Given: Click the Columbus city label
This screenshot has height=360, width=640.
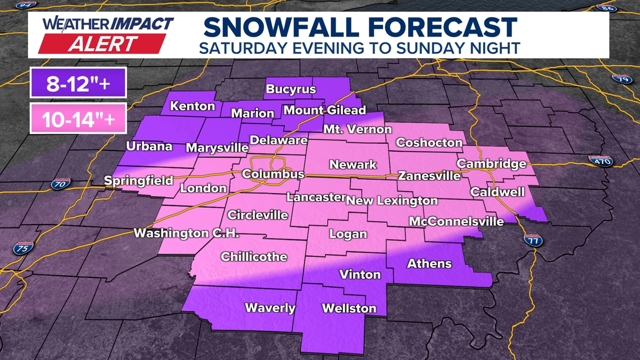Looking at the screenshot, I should [273, 175].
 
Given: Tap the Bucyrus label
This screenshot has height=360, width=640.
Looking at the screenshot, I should [291, 89].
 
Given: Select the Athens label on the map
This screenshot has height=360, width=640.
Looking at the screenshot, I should [429, 263].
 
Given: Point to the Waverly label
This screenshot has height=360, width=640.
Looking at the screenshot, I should [270, 308].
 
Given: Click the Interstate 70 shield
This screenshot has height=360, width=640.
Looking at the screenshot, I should [60, 184].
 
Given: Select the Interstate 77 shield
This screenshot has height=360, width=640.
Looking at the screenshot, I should [533, 240].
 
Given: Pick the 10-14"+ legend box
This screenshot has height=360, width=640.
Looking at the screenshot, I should [78, 119].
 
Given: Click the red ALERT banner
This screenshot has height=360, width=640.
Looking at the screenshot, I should [103, 44].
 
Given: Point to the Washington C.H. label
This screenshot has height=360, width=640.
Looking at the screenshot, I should [186, 233].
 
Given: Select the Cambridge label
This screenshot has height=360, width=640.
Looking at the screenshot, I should [492, 164].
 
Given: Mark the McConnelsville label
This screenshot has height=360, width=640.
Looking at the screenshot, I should [456, 221].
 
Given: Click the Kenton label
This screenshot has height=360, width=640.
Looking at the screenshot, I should [193, 106].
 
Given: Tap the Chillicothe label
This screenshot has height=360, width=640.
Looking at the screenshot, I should [254, 257].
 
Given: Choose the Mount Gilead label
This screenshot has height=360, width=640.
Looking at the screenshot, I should [324, 110].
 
